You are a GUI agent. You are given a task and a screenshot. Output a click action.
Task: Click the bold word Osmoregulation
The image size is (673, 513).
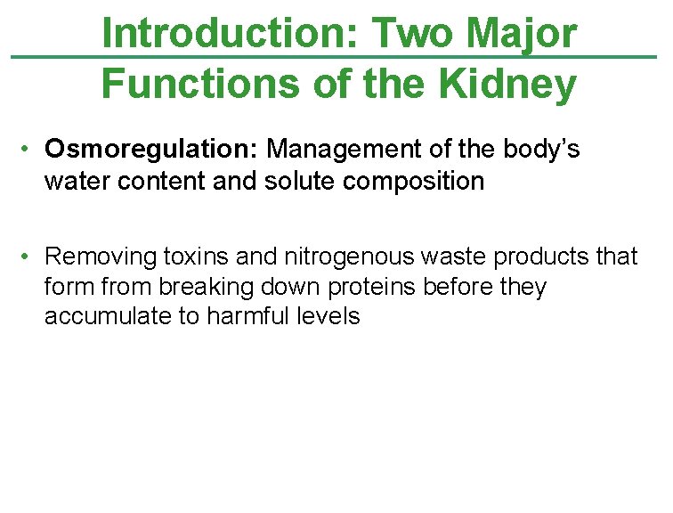(152, 150)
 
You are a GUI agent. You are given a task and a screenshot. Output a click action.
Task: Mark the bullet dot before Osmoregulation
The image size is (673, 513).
(29, 149)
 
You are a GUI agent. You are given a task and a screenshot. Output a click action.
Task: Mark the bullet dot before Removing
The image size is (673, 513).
(29, 256)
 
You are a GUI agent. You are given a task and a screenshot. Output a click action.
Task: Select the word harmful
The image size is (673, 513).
(244, 317)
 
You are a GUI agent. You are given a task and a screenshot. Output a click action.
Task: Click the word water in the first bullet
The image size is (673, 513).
(72, 181)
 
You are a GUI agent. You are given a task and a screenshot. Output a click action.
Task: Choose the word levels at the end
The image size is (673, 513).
(329, 317)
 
